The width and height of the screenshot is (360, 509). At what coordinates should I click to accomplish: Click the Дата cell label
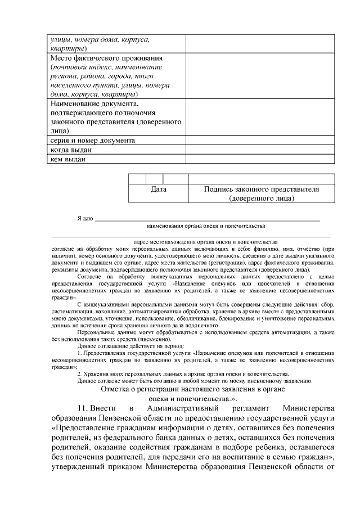[x=159, y=190]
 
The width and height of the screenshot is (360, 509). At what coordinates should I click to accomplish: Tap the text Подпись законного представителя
[x=261, y=190]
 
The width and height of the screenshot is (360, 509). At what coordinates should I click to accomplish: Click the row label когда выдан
[x=71, y=150]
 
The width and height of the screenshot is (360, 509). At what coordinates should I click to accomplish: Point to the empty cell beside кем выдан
[x=260, y=159]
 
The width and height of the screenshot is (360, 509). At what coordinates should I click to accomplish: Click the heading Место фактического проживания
[x=106, y=58]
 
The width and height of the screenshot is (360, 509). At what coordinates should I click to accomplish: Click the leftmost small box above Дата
[x=137, y=179]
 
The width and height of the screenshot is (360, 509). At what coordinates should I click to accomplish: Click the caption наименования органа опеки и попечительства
[x=205, y=226]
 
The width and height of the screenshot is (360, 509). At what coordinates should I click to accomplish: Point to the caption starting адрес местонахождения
[x=206, y=241]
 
